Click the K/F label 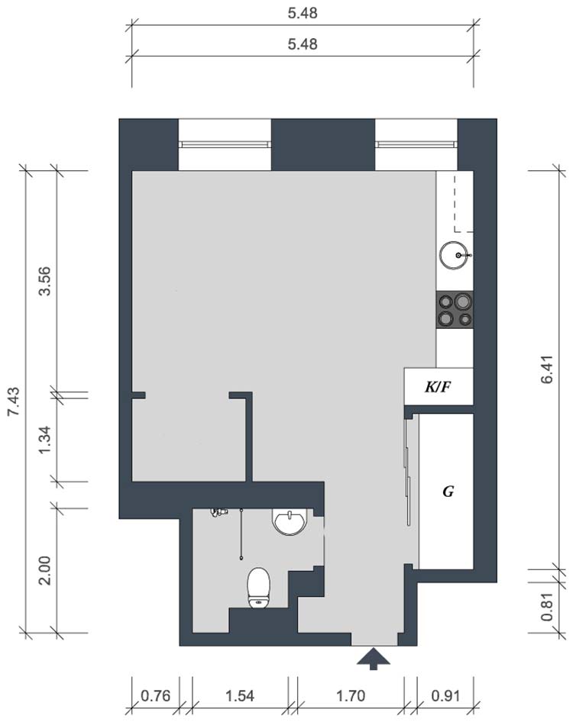tap(438, 387)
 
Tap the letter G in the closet tap(448, 492)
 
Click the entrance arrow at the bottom tap(374, 659)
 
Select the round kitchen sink tap(455, 255)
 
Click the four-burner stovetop tap(455, 310)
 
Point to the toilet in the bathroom tap(258, 588)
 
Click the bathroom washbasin tap(290, 522)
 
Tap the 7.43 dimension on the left tap(13, 401)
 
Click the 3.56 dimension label tap(45, 281)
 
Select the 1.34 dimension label tap(45, 440)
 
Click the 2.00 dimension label tap(45, 570)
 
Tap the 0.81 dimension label tap(547, 607)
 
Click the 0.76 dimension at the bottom tap(155, 695)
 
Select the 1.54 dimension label tap(240, 695)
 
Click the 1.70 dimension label tap(351, 695)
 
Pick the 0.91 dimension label tap(445, 695)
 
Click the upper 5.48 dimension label tap(303, 13)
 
